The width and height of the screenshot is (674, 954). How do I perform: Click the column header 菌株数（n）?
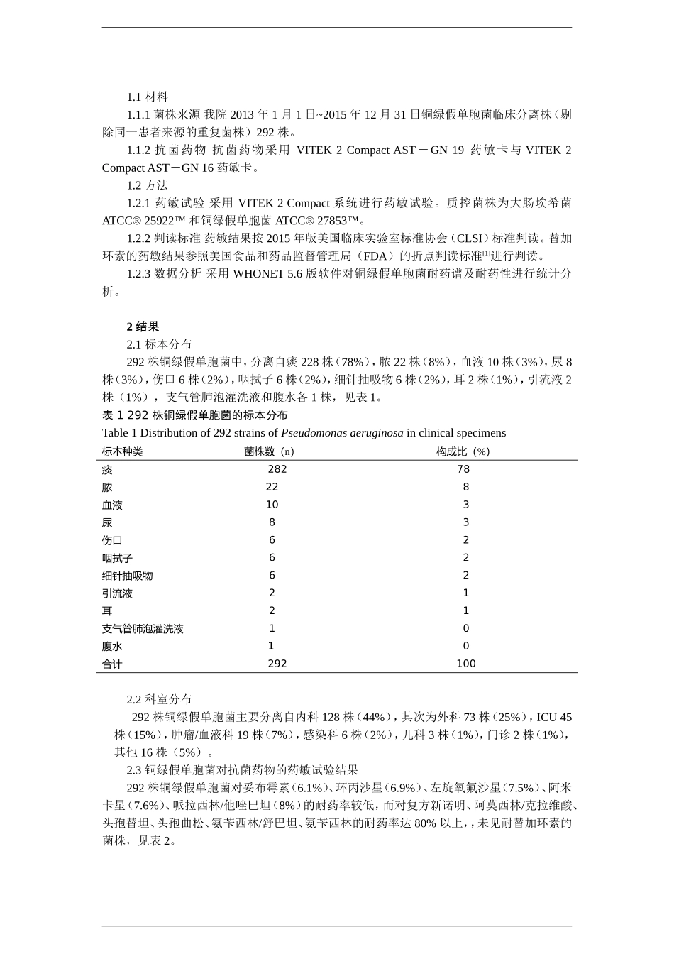269,451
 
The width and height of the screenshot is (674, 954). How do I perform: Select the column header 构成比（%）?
463,451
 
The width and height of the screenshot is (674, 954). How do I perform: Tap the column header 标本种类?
122,451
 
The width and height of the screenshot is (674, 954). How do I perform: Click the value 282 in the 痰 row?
277,469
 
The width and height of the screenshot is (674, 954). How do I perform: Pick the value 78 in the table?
463,469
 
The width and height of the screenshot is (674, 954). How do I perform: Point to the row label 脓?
107,487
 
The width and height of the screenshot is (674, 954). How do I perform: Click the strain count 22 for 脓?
272,487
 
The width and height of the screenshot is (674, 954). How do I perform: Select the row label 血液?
112,505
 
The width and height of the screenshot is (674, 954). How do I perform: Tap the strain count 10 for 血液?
272,505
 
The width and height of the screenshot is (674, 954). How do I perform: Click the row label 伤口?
112,540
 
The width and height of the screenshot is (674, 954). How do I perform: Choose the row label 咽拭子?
117,558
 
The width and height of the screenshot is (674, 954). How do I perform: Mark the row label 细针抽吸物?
127,576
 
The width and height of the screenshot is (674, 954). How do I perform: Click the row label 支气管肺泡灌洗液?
143,629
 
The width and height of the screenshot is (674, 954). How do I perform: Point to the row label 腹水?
112,647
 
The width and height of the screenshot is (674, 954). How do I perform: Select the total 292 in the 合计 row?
277,664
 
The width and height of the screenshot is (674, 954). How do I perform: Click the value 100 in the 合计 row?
466,664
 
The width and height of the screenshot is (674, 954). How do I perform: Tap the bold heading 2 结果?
143,327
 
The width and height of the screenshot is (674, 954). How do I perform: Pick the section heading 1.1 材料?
147,97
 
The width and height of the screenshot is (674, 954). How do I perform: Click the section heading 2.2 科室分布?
159,699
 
